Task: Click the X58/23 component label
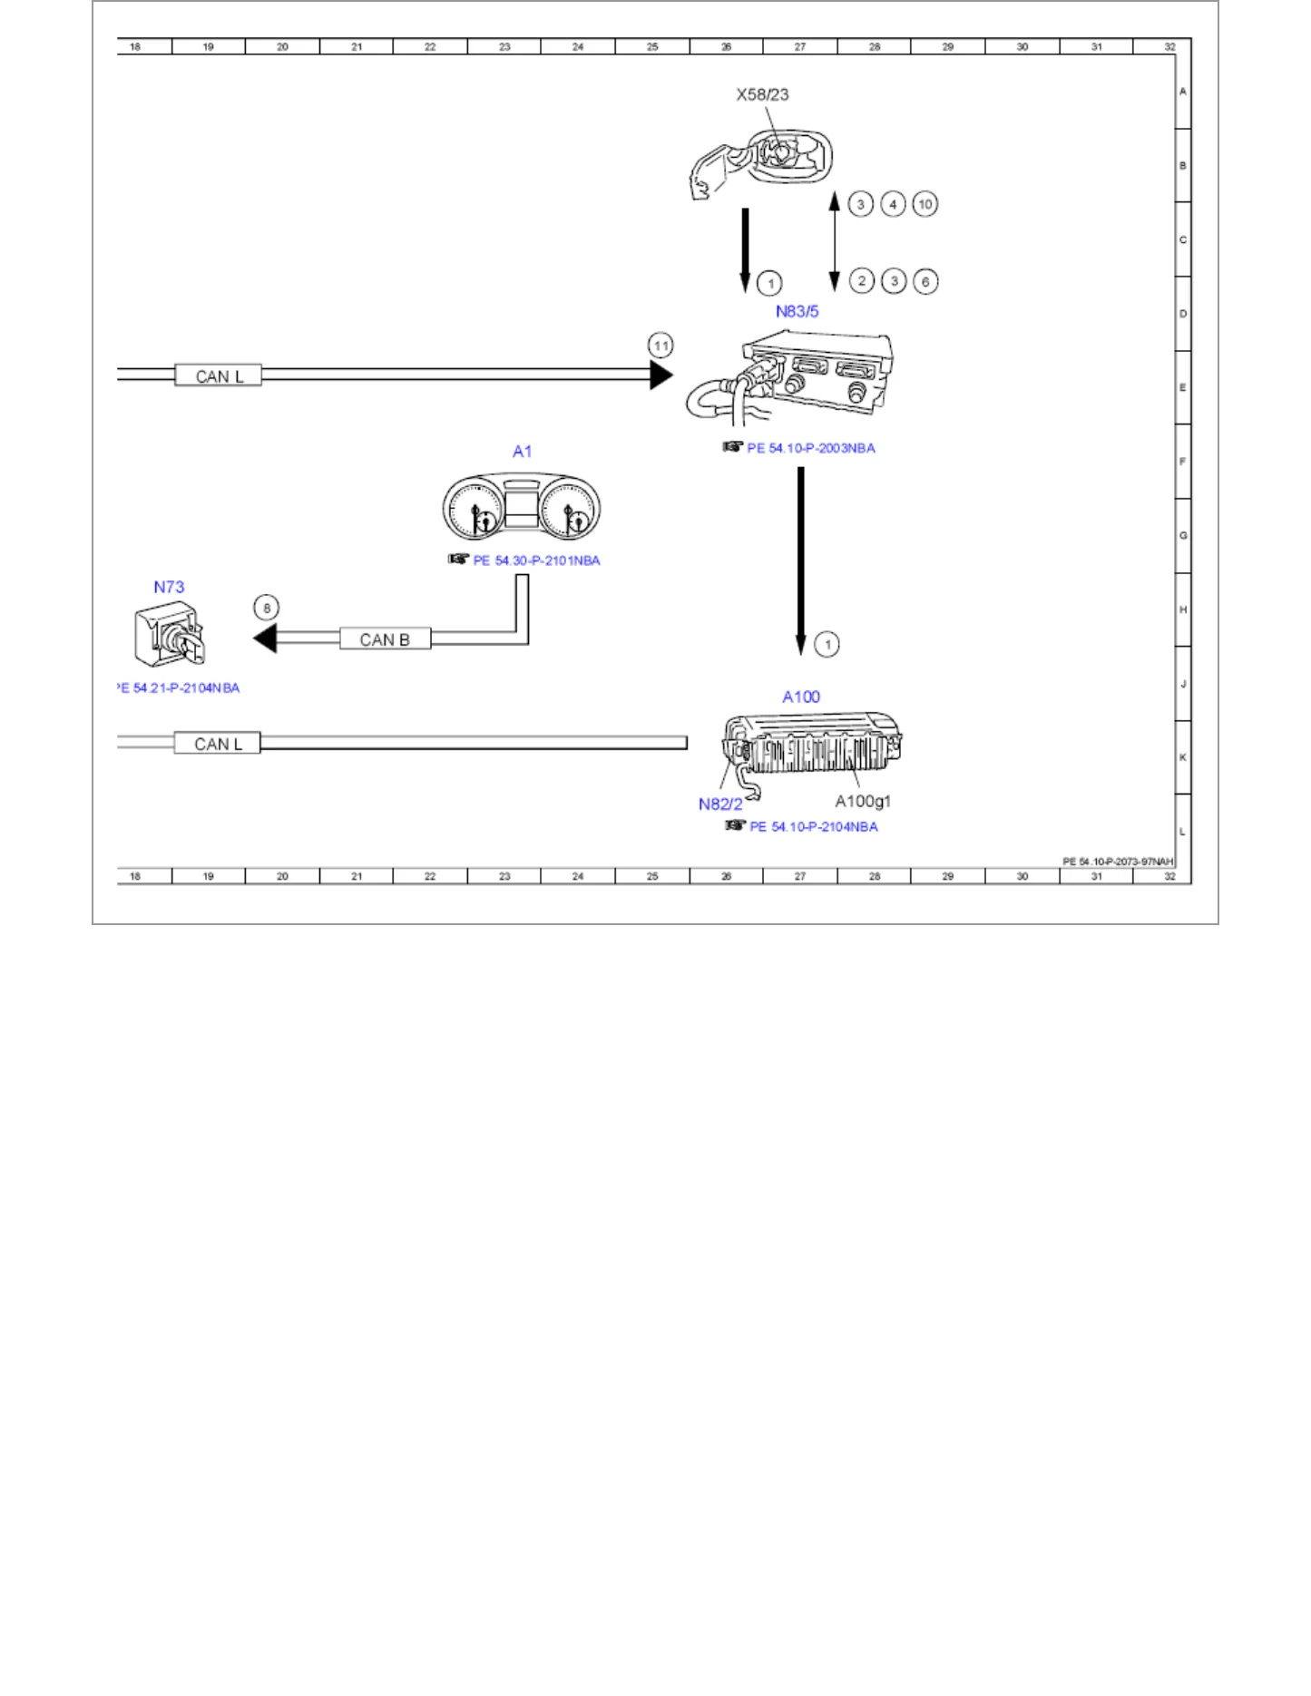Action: tap(762, 94)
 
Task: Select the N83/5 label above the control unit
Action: tap(797, 311)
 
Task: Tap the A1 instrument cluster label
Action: tap(522, 451)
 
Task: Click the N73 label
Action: tap(169, 587)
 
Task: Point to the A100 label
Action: tap(801, 697)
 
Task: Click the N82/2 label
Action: tap(720, 804)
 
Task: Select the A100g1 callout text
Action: tap(863, 801)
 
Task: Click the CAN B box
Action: tap(385, 639)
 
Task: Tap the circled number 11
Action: tap(660, 346)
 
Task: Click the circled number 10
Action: tap(925, 204)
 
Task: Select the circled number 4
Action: tap(893, 204)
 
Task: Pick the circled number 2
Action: tap(861, 281)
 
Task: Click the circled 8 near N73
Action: tap(266, 608)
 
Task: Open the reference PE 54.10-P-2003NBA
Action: tap(811, 448)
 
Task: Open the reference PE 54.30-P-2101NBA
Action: tap(536, 560)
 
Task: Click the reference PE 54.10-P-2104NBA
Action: tap(814, 826)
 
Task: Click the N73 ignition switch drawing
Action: tap(170, 633)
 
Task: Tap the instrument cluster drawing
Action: tap(522, 506)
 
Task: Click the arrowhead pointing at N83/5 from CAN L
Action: tap(661, 375)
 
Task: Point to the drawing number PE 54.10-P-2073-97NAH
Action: tap(1118, 862)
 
